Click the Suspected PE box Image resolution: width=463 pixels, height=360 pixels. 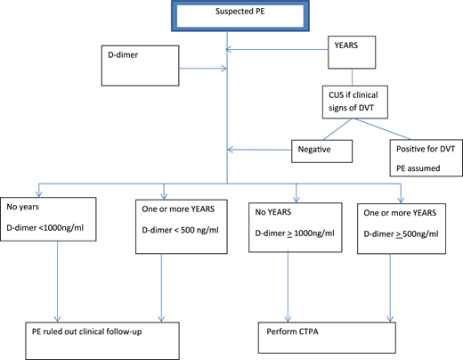click(x=231, y=18)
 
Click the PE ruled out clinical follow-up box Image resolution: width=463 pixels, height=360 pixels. click(x=107, y=332)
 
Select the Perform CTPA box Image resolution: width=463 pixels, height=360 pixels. click(x=321, y=332)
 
